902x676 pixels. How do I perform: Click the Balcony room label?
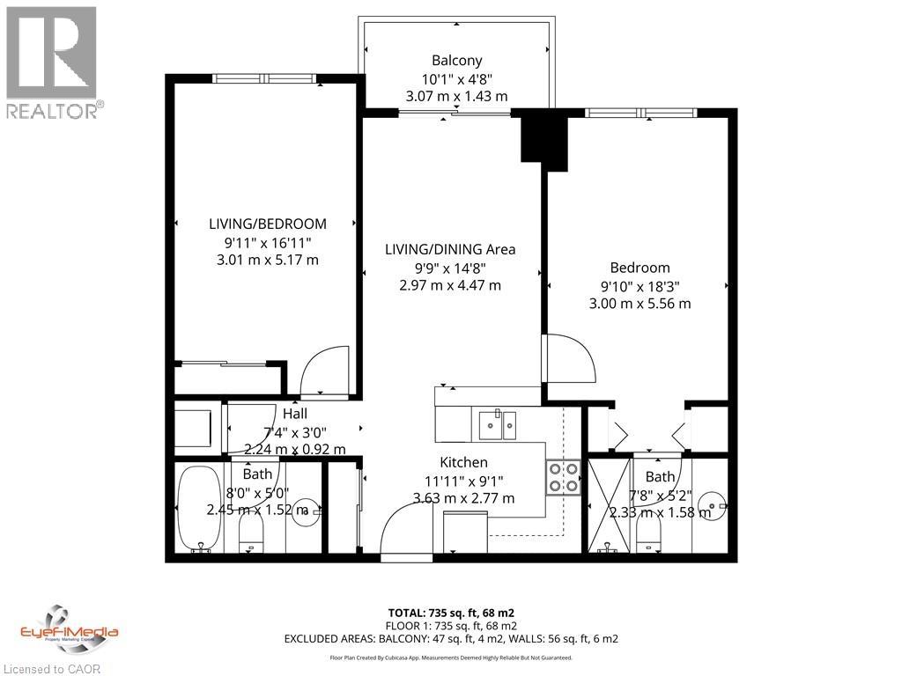(456, 61)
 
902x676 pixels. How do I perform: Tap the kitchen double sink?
(497, 424)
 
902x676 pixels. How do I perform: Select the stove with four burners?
(562, 476)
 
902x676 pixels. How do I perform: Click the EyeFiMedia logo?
(69, 631)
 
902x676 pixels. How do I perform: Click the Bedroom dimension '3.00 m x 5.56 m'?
(640, 304)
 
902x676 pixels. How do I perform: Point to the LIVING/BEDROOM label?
(267, 224)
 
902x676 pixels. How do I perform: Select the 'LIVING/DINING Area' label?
(450, 249)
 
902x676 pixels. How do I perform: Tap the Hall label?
(294, 414)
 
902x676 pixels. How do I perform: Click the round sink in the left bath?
(303, 510)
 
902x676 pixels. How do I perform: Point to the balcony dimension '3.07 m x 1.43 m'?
(456, 96)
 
